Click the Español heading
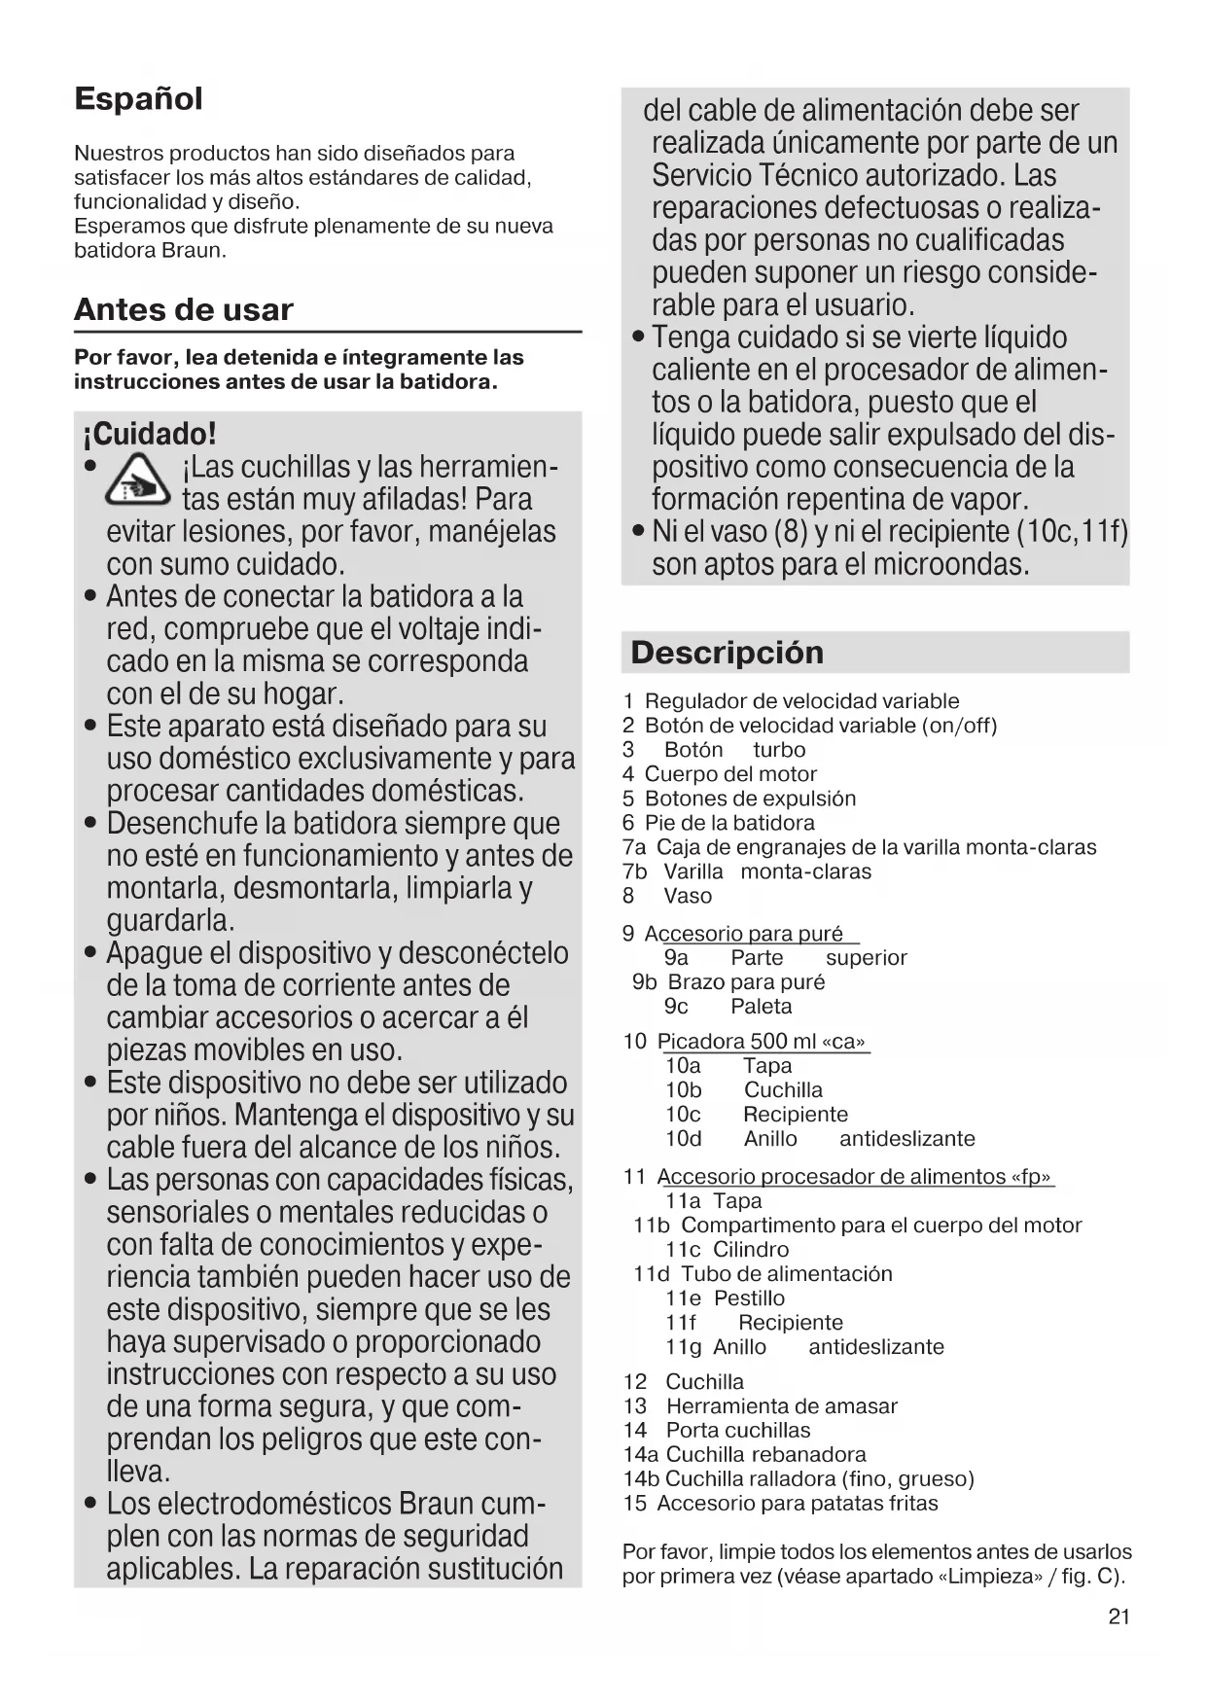coord(138,99)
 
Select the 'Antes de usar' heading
coord(183,310)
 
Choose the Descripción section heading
coord(727,653)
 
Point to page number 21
coord(1118,1617)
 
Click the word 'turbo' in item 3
coord(779,750)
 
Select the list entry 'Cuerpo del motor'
coord(730,774)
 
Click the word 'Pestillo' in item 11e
coord(749,1298)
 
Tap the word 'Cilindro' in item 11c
coord(751,1250)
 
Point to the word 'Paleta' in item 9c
coord(761,1007)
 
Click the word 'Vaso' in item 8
coord(688,896)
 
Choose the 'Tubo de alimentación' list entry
coord(786,1274)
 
